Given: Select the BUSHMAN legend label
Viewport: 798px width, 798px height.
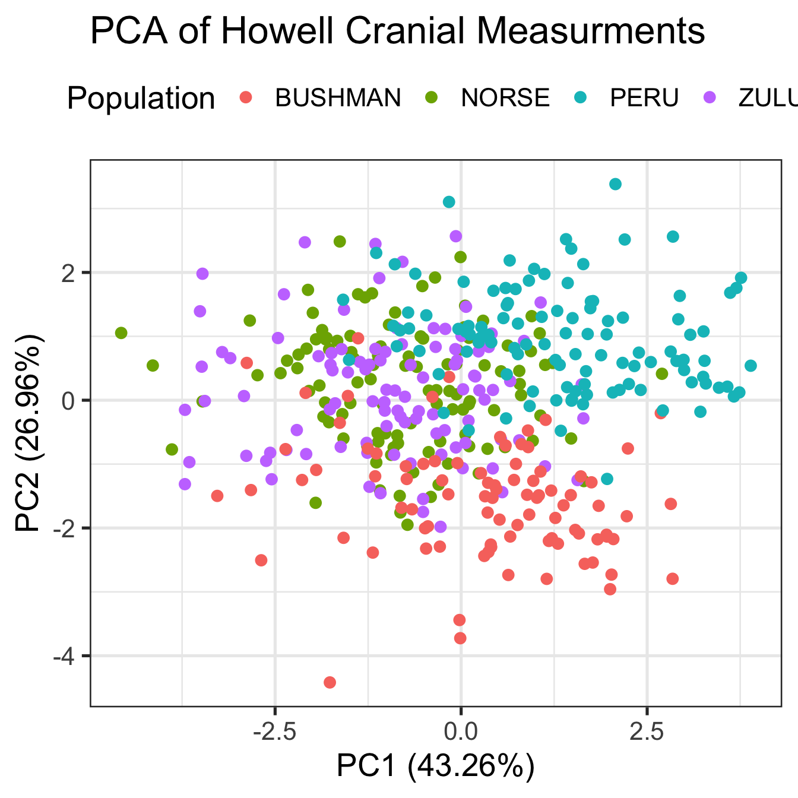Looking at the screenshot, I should pos(338,98).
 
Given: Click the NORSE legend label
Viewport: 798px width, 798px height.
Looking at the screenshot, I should pos(505,98).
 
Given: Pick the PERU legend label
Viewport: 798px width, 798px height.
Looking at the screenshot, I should pos(644,98).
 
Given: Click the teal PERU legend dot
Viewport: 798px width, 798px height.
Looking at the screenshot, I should pos(583,97).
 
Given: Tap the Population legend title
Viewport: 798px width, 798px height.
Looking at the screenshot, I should pos(141,98).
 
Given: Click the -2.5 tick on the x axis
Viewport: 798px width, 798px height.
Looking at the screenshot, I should pos(274,731).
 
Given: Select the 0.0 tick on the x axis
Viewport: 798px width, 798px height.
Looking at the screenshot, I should pos(460,731).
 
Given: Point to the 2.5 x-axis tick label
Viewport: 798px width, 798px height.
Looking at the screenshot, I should pos(646,731).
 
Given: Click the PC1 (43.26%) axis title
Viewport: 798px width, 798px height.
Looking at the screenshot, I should pos(435,766).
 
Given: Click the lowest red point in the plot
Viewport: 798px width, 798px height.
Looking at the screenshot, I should pos(330,682).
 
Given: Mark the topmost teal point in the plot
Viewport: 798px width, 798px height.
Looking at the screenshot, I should pos(615,184).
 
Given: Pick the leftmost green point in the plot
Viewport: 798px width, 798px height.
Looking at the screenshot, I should pos(121,333).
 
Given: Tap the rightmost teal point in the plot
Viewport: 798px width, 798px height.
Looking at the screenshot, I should pos(750,366).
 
